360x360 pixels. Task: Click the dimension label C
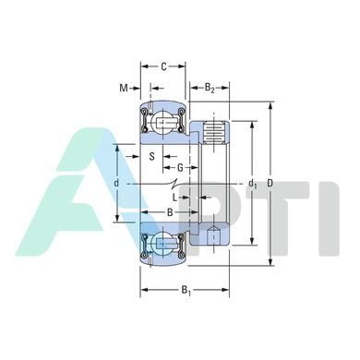click(x=163, y=66)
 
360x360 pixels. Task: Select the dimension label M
click(x=124, y=89)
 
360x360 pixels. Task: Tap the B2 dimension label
click(x=210, y=88)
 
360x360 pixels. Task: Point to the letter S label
click(x=151, y=157)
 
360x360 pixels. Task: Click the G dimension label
click(x=180, y=168)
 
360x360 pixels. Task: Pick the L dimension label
click(x=174, y=198)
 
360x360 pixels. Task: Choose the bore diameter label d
click(x=116, y=184)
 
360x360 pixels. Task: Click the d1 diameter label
click(x=253, y=184)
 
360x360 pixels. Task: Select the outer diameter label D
click(x=270, y=184)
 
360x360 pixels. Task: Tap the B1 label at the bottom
click(x=186, y=290)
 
